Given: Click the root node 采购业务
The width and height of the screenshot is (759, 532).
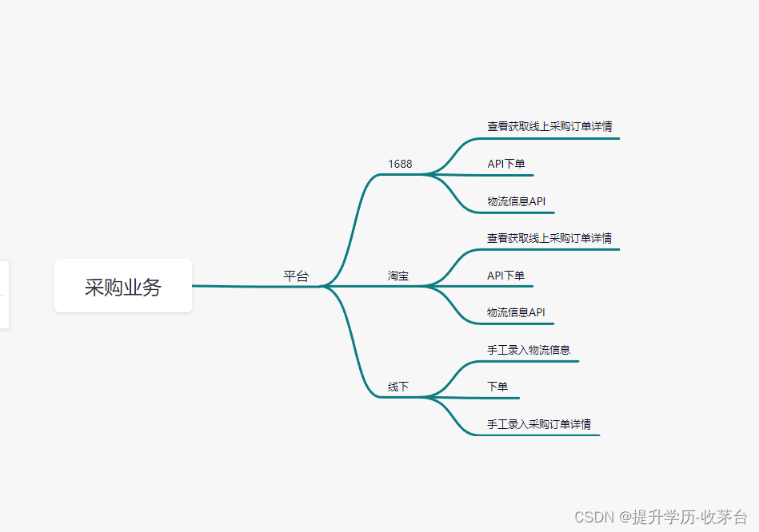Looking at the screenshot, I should (123, 287).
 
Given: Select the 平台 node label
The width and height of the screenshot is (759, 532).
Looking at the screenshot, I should (296, 276).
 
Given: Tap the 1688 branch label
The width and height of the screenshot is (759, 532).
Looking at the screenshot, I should (400, 164).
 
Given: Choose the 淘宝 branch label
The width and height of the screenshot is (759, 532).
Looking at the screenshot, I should (398, 276).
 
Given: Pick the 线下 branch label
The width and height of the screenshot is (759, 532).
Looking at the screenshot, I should (398, 387).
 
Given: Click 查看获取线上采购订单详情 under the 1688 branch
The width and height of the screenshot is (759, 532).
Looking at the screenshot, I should (550, 126).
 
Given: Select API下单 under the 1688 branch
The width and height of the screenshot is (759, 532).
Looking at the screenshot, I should (506, 164).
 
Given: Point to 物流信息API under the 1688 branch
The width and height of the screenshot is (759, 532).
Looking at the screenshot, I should (517, 201).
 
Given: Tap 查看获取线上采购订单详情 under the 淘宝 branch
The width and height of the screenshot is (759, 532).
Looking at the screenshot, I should (549, 238).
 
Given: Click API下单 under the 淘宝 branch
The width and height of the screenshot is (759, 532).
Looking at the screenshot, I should (506, 276).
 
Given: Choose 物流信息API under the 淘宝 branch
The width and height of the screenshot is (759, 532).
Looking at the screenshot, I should (516, 312).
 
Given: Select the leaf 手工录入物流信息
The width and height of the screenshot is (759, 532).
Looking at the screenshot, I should (529, 350).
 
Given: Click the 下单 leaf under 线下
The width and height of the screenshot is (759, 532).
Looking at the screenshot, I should (497, 387).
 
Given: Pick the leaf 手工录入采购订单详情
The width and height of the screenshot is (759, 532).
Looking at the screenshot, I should (539, 424).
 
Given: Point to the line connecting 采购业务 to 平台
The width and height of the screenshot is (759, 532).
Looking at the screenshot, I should (240, 286).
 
